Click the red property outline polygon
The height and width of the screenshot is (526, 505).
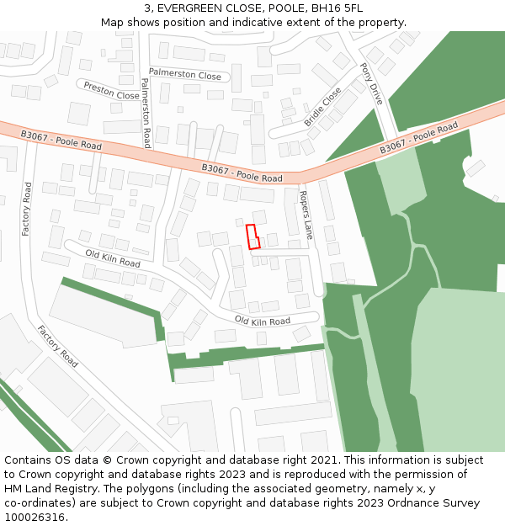point(252,236)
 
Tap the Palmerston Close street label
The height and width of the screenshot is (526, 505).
point(185,75)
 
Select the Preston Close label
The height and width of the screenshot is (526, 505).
point(111,90)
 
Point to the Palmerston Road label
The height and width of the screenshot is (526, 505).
point(145,113)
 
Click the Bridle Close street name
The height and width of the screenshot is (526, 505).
point(323,106)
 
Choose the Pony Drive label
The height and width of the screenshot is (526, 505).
point(371,83)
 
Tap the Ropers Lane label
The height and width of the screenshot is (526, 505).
point(306,215)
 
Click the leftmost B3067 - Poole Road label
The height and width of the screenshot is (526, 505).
point(61,140)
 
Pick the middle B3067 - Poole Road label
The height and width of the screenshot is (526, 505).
point(242,173)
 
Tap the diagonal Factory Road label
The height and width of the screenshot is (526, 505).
point(58,346)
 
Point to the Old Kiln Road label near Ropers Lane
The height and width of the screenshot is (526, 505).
point(262,321)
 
